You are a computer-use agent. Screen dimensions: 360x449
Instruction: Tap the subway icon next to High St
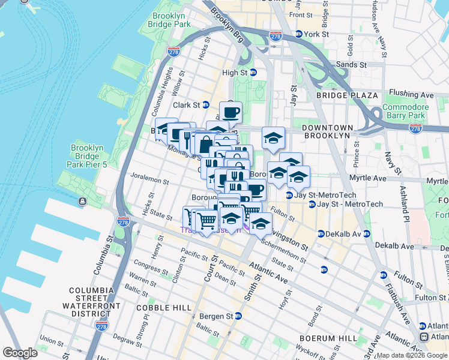click(x=253, y=73)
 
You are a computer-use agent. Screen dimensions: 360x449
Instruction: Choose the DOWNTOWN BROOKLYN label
click(x=325, y=132)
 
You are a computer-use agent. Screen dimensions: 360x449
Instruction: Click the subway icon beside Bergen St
click(x=238, y=316)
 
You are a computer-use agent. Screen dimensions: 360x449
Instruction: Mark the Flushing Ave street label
click(x=411, y=94)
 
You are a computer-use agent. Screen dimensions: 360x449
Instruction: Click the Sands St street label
click(x=354, y=64)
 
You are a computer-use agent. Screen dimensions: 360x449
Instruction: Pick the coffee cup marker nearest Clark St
click(x=230, y=112)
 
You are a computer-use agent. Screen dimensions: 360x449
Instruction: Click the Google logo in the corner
click(x=20, y=353)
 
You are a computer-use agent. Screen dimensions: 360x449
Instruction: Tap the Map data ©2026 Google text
click(x=412, y=355)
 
